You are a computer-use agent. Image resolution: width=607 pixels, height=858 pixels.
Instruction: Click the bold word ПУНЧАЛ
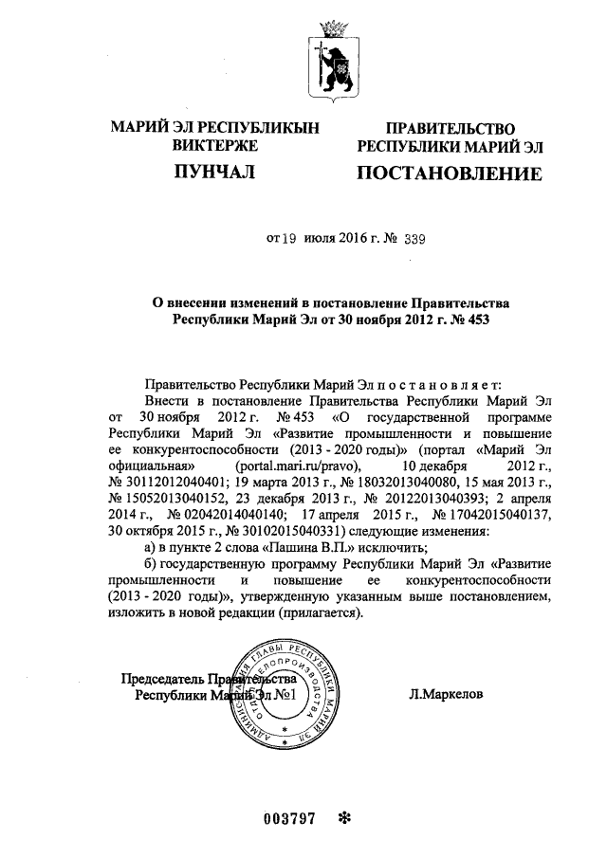click(215, 172)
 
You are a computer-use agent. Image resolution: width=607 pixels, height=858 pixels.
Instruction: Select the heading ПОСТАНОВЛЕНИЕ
click(449, 173)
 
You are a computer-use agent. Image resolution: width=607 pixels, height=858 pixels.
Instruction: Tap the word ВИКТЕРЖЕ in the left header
click(215, 146)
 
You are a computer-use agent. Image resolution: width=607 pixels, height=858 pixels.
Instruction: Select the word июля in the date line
click(320, 240)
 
